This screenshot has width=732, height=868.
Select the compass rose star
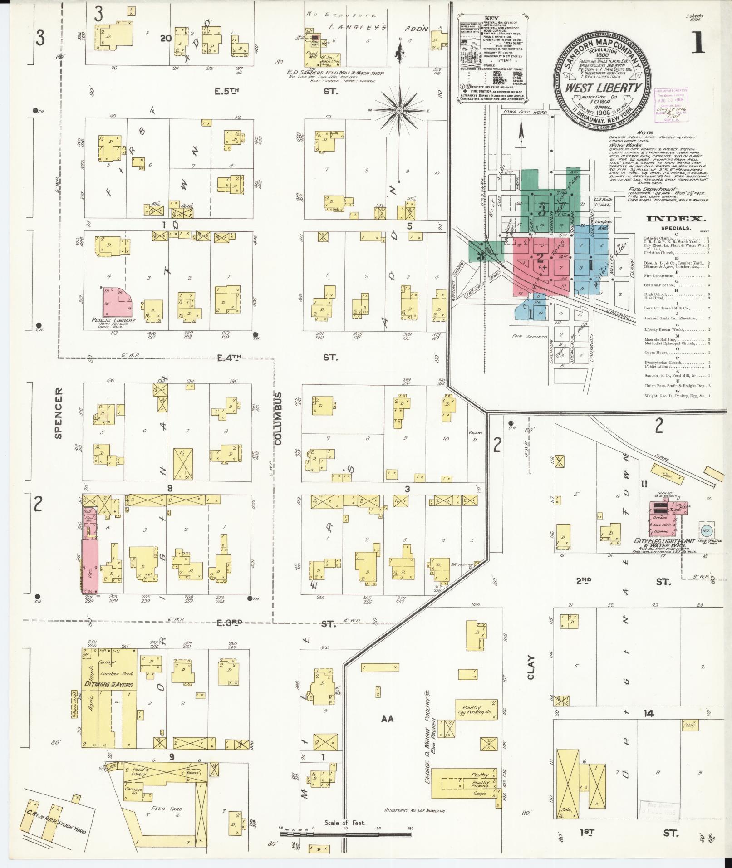(399, 110)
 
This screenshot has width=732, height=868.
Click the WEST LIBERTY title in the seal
(603, 88)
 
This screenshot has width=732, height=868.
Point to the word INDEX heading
(676, 219)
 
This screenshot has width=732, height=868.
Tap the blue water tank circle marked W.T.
(706, 530)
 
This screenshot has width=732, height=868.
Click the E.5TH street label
(226, 91)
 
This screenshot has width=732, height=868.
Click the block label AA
(387, 718)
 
